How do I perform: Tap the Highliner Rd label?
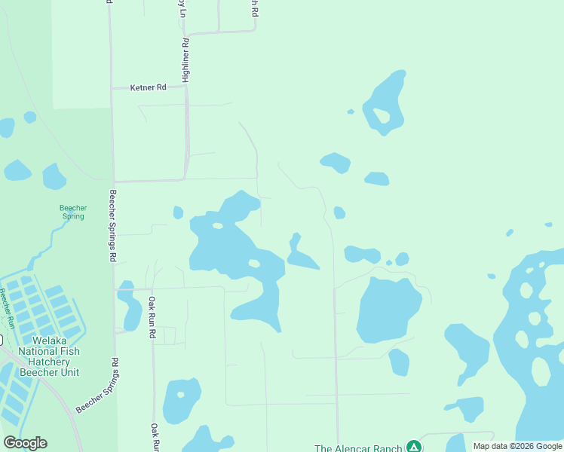pyautogui.click(x=185, y=60)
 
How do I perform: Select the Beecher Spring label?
pyautogui.click(x=73, y=212)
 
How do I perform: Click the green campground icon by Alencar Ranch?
pyautogui.click(x=413, y=447)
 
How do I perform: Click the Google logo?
pyautogui.click(x=25, y=443)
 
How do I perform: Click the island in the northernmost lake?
pyautogui.click(x=382, y=115)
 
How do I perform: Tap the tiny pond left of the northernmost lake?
pyautogui.click(x=351, y=112)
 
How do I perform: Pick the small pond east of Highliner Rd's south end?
pyautogui.click(x=178, y=212)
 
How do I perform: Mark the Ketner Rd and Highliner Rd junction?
pyautogui.click(x=185, y=87)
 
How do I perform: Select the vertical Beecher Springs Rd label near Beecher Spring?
pyautogui.click(x=112, y=224)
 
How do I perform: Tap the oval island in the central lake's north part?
pyautogui.click(x=218, y=225)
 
